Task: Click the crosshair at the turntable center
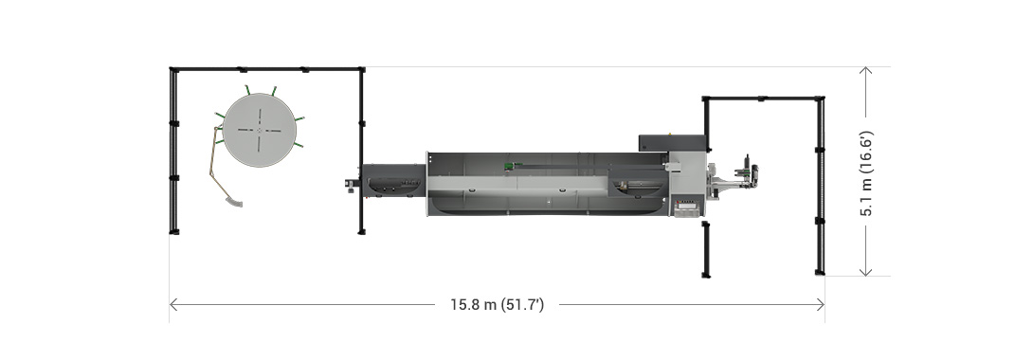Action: (260, 130)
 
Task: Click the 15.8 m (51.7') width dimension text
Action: (497, 305)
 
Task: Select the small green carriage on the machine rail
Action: (509, 167)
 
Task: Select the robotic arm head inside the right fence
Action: (749, 171)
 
